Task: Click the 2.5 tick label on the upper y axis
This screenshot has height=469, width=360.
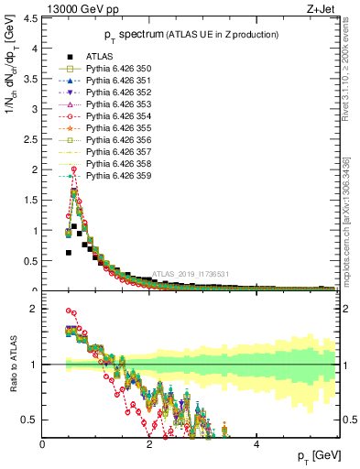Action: pyautogui.click(x=33, y=139)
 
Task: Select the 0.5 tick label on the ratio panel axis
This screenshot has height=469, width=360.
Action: pyautogui.click(x=33, y=420)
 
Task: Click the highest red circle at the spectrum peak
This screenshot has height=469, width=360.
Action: pyautogui.click(x=73, y=169)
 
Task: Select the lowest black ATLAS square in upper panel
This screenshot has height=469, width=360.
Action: pyautogui.click(x=68, y=252)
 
